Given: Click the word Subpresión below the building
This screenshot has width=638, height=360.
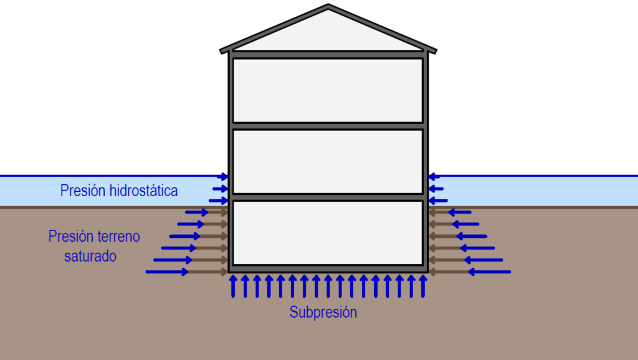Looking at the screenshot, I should tap(323, 312).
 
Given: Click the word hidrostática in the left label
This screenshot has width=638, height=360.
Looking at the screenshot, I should tap(143, 191).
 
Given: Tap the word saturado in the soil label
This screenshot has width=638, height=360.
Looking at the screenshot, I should tap(90, 255).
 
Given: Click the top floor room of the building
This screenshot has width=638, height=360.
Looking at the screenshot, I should tap(328, 90).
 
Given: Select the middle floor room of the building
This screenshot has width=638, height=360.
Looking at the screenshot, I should tap(328, 161).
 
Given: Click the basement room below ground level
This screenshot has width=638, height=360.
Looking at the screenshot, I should tap(328, 232).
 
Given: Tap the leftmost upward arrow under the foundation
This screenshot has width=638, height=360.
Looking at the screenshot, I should tap(233, 286).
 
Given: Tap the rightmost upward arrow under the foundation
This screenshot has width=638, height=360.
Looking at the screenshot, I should tap(423, 286).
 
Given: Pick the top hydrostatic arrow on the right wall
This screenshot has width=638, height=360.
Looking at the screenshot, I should tap(434, 177).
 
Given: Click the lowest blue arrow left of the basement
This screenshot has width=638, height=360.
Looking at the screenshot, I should tap(167, 272).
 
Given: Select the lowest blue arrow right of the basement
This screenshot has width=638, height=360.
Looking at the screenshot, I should tap(489, 272).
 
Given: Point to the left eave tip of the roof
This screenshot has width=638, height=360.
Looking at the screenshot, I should tap(222, 50).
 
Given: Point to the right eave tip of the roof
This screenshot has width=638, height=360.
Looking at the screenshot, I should tap(434, 50).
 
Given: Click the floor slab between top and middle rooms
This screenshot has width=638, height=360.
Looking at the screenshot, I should tap(328, 126).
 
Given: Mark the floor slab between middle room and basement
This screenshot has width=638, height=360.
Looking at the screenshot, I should tap(328, 197).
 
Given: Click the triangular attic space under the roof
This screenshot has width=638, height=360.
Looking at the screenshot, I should tap(328, 34).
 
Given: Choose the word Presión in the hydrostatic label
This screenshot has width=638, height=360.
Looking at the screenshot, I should tap(83, 191).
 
